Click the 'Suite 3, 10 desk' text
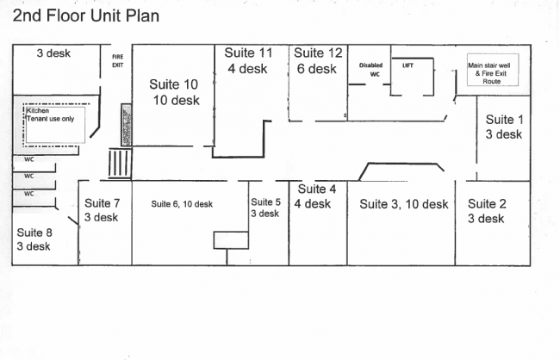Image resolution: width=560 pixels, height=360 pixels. pos(403,204)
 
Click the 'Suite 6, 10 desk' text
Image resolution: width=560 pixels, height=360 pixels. pos(182,204)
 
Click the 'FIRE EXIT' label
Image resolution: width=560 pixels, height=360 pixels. pos(118,60)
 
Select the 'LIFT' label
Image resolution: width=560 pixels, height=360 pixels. pos(408,65)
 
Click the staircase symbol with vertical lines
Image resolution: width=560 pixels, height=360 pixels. pos(119,164)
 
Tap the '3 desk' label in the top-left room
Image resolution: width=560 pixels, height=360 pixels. pos(53,53)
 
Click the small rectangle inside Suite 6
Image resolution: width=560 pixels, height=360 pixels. pos(230,239)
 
